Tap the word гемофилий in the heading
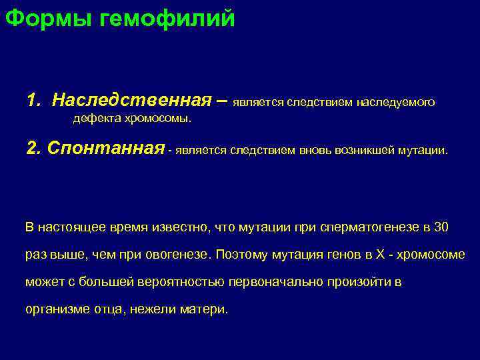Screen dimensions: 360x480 tap(167, 18)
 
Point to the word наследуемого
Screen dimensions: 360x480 tap(395, 103)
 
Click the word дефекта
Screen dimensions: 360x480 tap(95, 119)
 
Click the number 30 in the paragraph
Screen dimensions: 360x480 tap(441, 227)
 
